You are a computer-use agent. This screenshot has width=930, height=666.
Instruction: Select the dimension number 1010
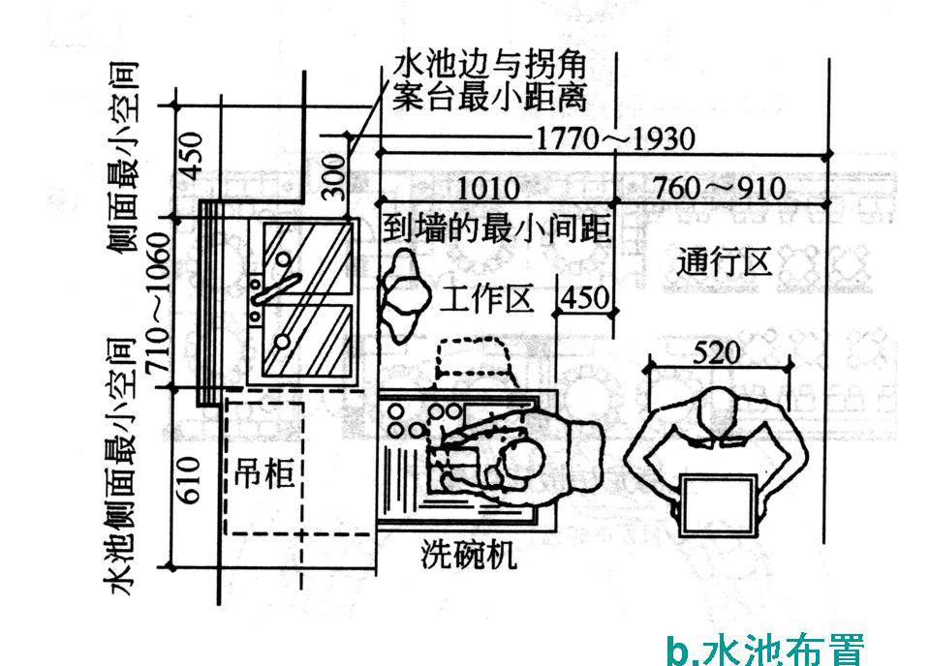487,188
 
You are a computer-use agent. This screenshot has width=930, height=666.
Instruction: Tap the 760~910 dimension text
718,188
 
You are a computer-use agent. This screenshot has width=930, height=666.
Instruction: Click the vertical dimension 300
332,174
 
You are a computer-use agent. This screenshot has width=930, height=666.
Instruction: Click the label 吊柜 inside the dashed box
264,474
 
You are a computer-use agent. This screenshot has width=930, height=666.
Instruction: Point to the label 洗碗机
469,555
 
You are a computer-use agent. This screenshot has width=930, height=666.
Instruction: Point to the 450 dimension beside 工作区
587,296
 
